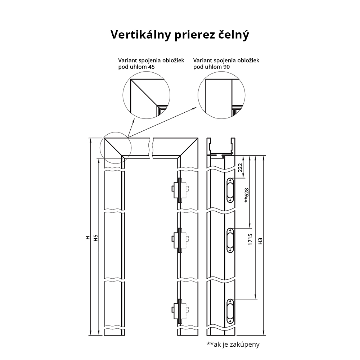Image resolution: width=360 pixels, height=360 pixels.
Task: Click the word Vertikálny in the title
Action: pos(141,35)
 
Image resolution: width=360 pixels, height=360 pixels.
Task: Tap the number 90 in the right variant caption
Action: pos(226,67)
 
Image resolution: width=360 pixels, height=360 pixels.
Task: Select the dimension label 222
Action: pos(240,168)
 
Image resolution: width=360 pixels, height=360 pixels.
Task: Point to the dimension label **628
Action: pos(247,195)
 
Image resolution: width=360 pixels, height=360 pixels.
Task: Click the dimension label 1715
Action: pos(250,239)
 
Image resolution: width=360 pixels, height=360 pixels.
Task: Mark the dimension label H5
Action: pos(96,238)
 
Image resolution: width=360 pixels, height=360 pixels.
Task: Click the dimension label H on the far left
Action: pos(87,238)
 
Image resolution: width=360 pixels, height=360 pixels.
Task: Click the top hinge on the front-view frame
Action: pos(180,190)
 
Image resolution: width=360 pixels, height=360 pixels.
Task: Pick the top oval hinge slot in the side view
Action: pos(230,190)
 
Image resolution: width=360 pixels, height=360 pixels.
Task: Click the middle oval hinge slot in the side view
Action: pos(230,240)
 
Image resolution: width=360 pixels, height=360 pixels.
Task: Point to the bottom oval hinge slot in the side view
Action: pos(230,311)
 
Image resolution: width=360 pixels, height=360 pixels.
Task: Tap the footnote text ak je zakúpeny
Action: pos(237,345)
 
